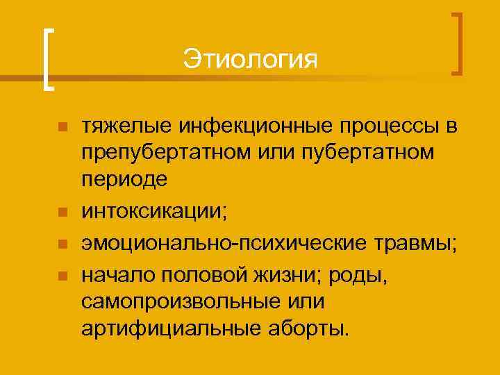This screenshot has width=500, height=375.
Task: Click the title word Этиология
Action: tap(250, 59)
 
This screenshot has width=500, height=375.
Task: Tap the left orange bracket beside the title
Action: tap(46, 59)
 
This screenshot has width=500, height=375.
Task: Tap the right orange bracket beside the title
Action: tap(458, 43)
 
